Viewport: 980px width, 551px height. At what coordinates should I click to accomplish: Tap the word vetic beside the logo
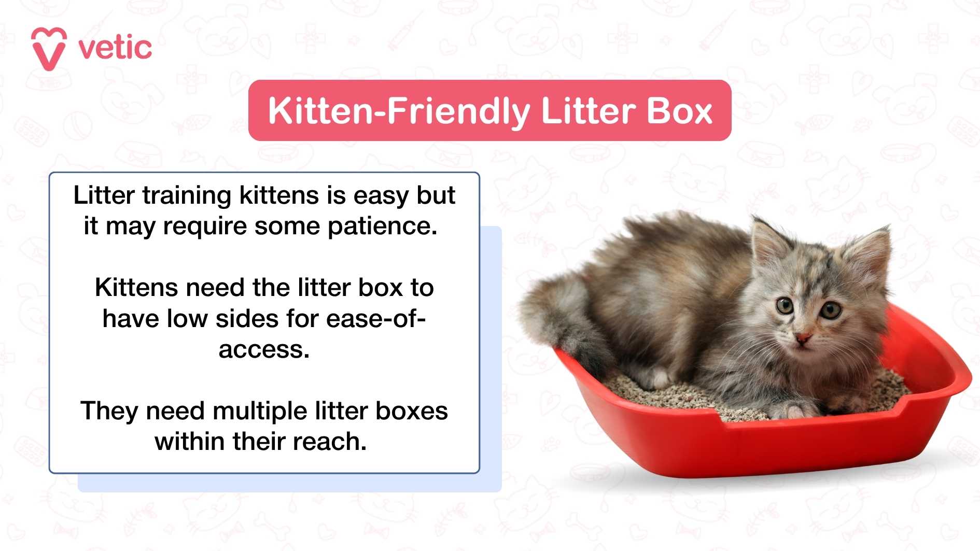click(x=115, y=48)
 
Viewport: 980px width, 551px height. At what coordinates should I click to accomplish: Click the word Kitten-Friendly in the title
click(x=398, y=111)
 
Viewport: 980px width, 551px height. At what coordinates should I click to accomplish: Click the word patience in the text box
click(x=382, y=227)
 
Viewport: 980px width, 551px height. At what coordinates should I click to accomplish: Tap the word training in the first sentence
click(x=187, y=196)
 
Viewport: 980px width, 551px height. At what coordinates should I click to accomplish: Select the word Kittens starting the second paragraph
click(x=136, y=288)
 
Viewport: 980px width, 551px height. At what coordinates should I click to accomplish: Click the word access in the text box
click(x=263, y=349)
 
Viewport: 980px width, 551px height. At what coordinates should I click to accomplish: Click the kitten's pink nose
click(x=803, y=339)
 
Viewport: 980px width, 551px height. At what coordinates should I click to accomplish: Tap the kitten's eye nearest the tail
click(x=785, y=305)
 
